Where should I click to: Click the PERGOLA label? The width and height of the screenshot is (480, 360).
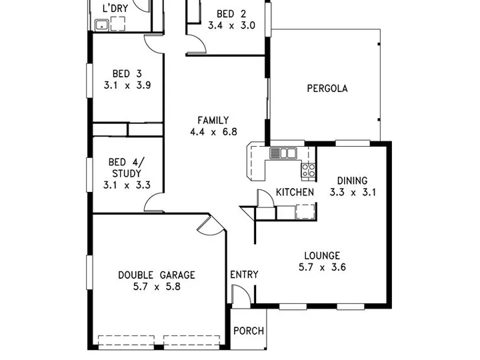tap(327, 89)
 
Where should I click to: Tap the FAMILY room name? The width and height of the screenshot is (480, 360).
tap(213, 120)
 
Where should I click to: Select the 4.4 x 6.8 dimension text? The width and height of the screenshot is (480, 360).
tap(213, 132)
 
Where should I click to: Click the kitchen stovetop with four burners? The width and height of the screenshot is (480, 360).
tap(308, 171)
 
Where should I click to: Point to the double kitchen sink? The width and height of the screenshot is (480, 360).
tap(283, 153)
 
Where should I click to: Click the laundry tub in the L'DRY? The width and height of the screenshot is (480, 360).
tap(101, 25)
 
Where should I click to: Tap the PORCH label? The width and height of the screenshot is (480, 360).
tap(249, 331)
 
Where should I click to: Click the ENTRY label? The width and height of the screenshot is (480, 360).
tap(244, 275)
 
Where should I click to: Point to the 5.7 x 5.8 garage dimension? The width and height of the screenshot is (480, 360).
tap(157, 287)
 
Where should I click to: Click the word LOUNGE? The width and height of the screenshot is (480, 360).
tap(322, 255)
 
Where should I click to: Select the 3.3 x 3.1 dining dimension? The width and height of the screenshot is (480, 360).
tap(353, 192)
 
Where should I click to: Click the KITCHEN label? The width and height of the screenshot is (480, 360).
tap(295, 192)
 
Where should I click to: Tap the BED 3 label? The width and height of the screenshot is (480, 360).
tap(127, 74)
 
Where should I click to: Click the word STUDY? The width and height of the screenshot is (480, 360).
tap(127, 173)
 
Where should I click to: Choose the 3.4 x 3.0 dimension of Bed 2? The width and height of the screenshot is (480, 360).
tap(232, 25)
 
